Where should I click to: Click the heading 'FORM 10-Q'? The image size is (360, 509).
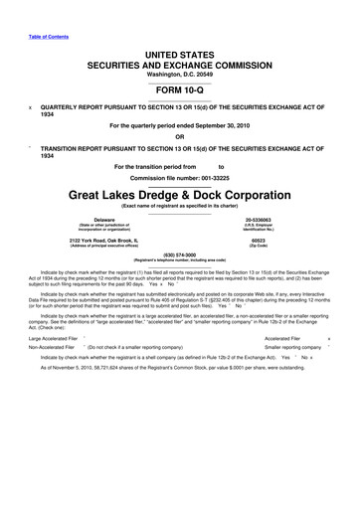[x=180, y=85]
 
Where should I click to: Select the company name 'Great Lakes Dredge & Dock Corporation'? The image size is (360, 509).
[x=180, y=193]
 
